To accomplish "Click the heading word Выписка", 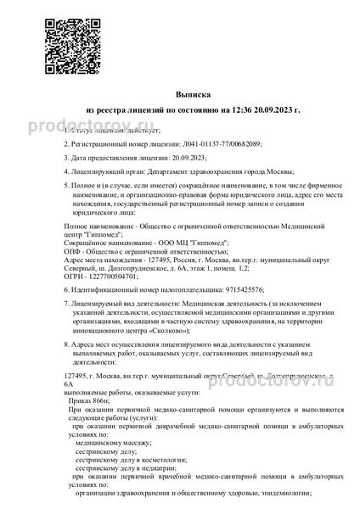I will tap(180, 94).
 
